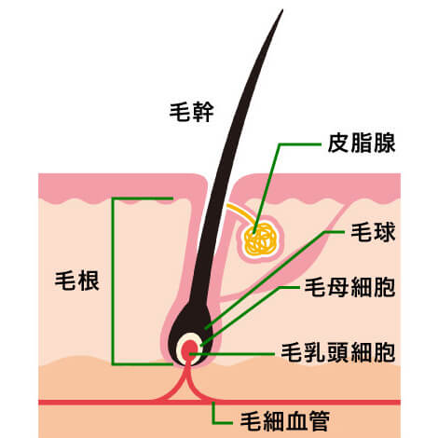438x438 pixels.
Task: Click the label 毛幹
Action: click(x=191, y=112)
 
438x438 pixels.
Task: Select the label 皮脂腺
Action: click(x=362, y=144)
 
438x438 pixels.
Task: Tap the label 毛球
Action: click(x=373, y=232)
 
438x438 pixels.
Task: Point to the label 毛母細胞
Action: click(x=349, y=287)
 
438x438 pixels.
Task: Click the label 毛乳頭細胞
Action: click(x=338, y=352)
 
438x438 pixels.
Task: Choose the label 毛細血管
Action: click(x=285, y=421)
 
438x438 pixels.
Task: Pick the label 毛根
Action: click(x=77, y=281)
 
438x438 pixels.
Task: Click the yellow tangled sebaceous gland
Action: click(x=260, y=240)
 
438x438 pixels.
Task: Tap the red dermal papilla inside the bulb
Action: click(x=189, y=350)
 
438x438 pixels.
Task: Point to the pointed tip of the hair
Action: click(x=282, y=10)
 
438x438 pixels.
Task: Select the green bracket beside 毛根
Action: click(x=114, y=281)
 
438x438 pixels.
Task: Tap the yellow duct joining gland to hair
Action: click(x=241, y=213)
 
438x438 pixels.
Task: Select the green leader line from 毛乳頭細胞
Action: click(x=232, y=354)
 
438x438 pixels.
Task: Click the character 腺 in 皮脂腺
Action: click(x=384, y=144)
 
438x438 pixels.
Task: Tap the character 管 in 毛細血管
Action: click(x=319, y=421)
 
